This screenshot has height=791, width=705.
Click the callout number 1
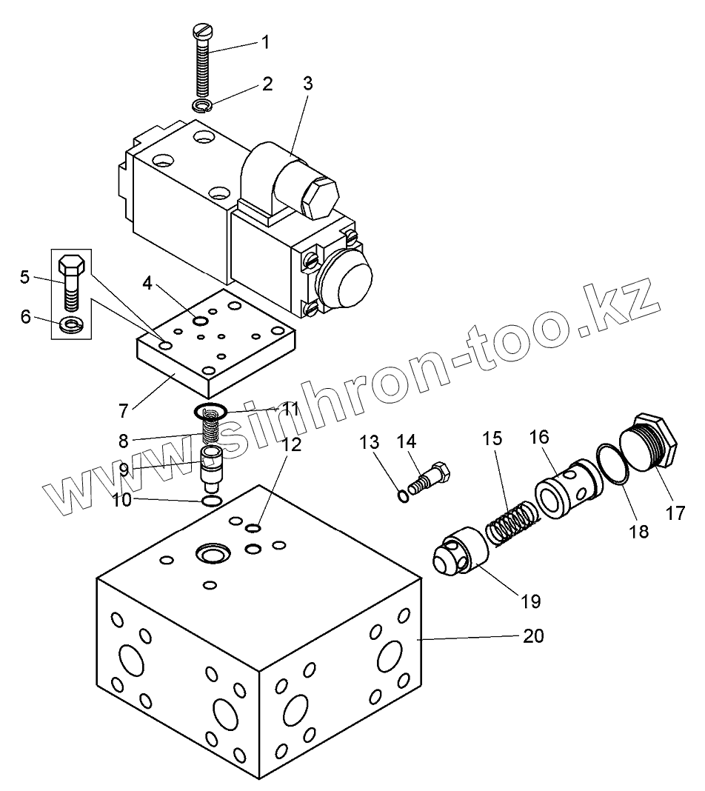click(264, 42)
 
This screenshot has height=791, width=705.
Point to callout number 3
click(307, 84)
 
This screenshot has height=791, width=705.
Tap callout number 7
click(124, 408)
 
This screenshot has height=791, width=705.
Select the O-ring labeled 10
click(212, 502)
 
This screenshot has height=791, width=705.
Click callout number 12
click(292, 444)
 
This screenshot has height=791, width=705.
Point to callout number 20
click(533, 636)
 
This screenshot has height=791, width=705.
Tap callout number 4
click(149, 282)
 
